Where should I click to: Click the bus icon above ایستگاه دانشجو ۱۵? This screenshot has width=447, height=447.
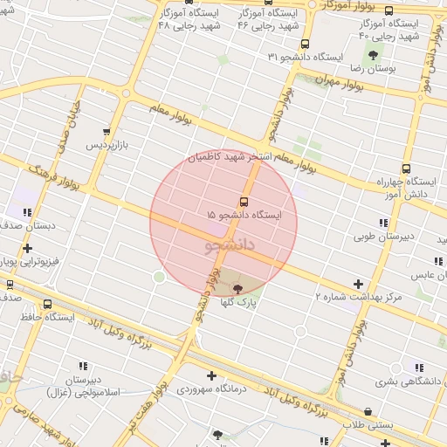(x=243, y=201)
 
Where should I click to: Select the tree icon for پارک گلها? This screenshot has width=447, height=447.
(x=237, y=287)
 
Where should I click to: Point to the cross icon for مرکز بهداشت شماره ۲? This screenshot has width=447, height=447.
(x=358, y=284)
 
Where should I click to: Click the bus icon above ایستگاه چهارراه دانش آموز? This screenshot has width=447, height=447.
(x=405, y=168)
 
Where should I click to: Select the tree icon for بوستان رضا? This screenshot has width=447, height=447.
(x=373, y=55)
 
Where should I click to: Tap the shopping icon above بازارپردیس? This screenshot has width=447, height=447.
(x=107, y=132)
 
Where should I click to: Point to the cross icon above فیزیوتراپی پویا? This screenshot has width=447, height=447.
(x=27, y=248)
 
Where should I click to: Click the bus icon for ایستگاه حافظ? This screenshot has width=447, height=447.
(x=46, y=306)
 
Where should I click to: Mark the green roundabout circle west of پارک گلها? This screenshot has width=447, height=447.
(x=159, y=278)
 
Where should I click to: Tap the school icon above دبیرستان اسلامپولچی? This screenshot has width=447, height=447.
(x=84, y=366)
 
